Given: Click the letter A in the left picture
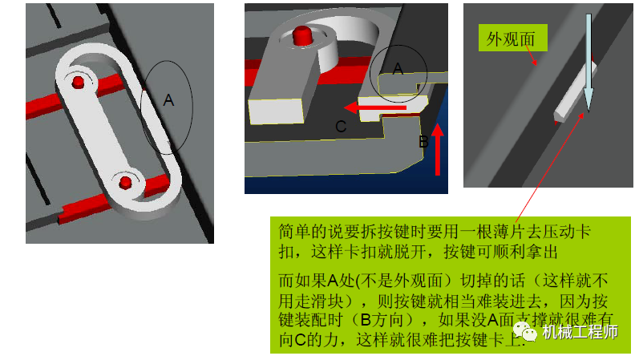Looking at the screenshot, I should click(168, 100).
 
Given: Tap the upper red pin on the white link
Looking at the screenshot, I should click(78, 82).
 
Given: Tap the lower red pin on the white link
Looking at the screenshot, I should click(125, 183).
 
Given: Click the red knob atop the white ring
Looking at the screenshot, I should click(302, 36).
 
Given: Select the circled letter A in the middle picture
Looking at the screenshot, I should click(398, 69).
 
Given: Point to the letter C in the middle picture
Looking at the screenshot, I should click(341, 126).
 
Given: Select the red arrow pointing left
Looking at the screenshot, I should click(377, 107).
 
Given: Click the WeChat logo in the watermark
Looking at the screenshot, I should click(527, 330).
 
